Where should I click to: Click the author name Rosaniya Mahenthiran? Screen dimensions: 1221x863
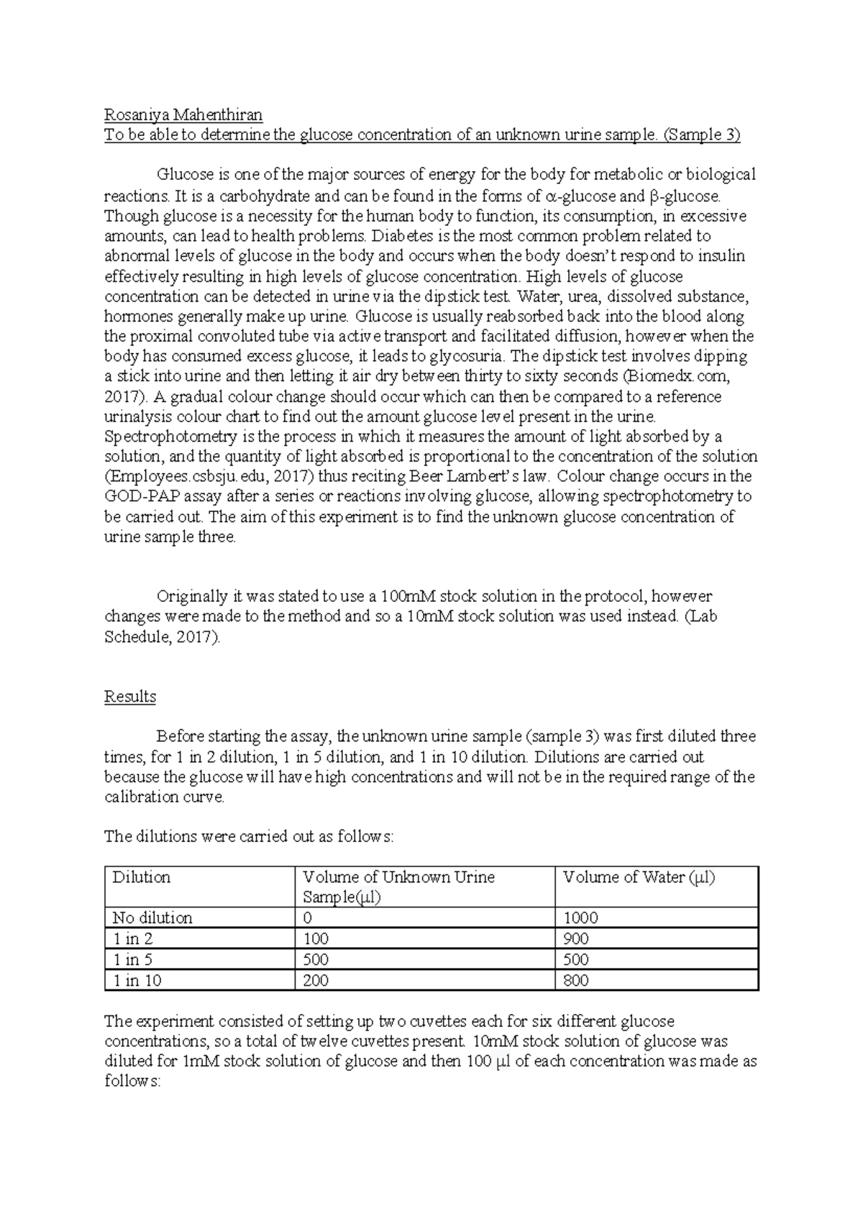183,114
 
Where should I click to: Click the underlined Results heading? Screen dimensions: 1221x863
130,696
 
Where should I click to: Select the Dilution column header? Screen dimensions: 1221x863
142,877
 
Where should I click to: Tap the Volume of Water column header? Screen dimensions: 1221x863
639,877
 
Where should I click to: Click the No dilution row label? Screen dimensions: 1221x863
152,918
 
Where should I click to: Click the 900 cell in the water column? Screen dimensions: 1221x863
576,938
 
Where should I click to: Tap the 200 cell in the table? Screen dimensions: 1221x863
316,980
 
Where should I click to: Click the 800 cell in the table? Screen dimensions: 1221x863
576,980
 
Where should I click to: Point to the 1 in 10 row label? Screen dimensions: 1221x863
137,980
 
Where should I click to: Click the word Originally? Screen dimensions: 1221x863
191,596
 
